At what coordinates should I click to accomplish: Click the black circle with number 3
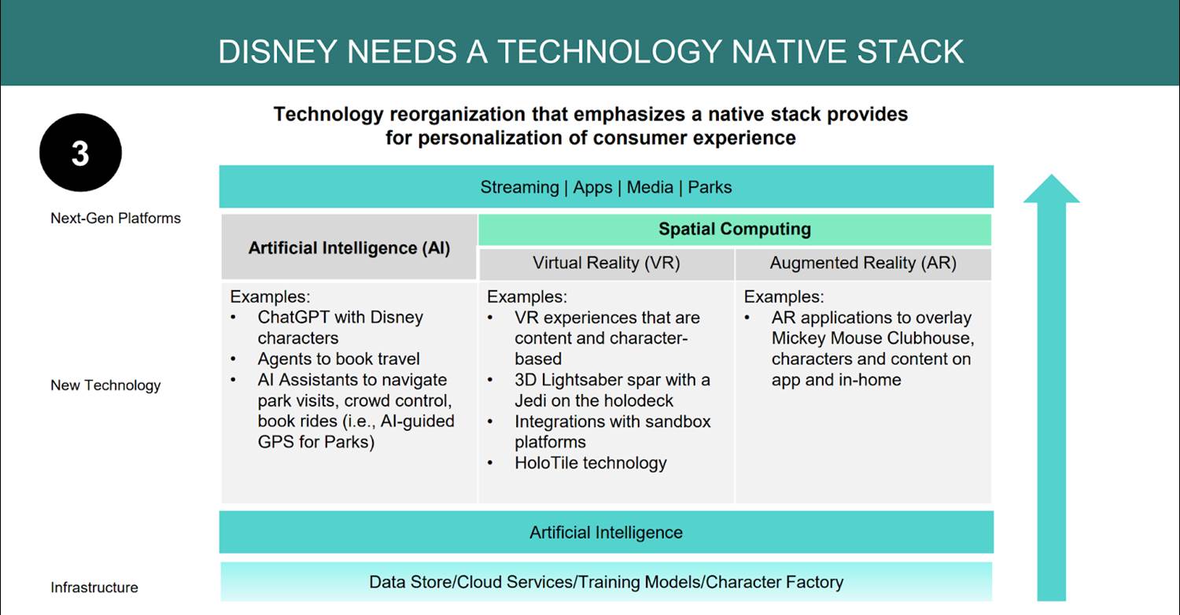80,153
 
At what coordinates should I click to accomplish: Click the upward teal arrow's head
1052,189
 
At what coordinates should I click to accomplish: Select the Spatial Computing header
735,229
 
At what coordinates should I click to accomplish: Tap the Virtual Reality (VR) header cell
607,263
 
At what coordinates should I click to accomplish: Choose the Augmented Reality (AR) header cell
863,263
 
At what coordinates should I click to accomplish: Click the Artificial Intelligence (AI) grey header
349,247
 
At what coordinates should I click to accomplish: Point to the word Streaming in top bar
519,187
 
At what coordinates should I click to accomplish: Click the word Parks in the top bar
710,187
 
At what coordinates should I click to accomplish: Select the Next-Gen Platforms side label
116,218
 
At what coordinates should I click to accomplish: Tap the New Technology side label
105,385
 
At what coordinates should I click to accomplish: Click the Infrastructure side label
94,587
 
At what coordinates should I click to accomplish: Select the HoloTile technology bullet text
591,463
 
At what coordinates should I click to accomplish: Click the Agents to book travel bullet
338,359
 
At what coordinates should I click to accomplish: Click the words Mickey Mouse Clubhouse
872,338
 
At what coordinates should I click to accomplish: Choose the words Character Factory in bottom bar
774,582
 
